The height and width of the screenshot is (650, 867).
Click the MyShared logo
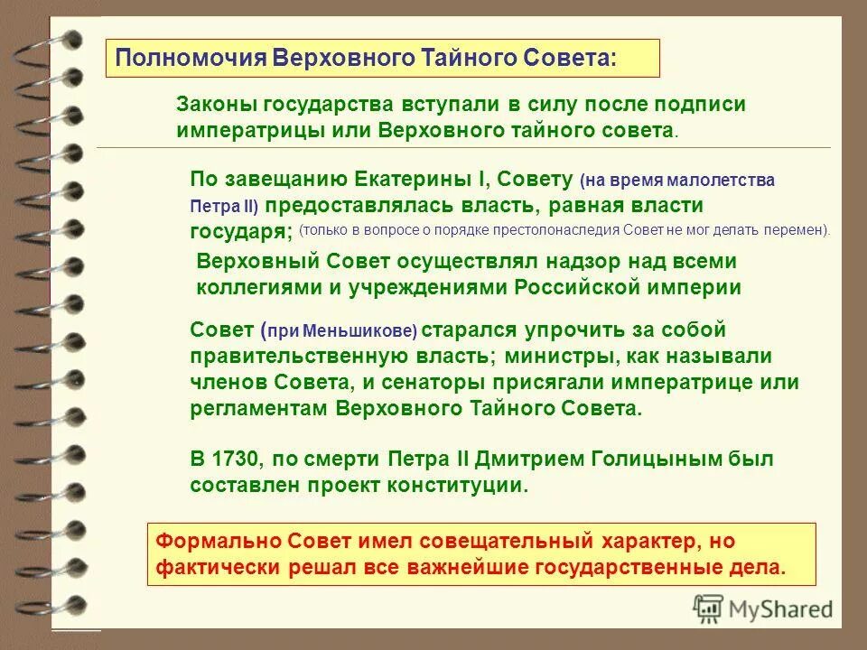coord(763,608)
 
